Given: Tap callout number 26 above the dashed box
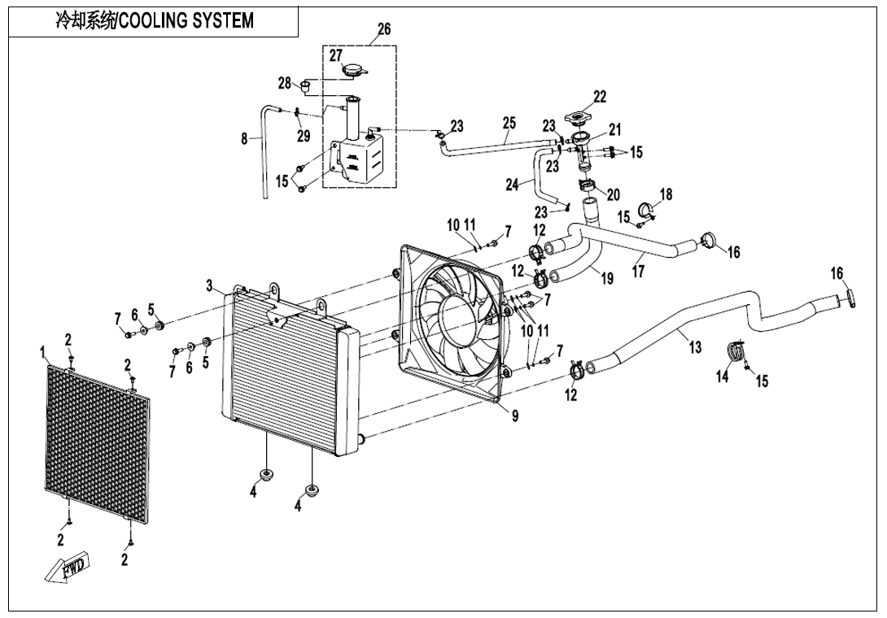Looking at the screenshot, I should click(x=383, y=29).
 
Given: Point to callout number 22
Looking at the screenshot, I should click(x=599, y=97).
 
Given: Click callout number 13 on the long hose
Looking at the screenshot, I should click(x=694, y=348).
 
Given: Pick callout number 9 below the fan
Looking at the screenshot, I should click(x=514, y=416).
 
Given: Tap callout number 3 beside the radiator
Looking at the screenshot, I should click(x=209, y=285).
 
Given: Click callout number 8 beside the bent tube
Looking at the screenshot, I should click(x=244, y=139).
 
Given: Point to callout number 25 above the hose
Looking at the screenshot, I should click(x=509, y=123).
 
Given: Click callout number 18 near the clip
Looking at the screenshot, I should click(x=666, y=194).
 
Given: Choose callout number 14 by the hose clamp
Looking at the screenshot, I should click(x=723, y=376).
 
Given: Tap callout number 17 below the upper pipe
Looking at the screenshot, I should click(x=638, y=272).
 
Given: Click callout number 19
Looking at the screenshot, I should click(x=606, y=278).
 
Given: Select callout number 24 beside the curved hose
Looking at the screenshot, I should click(x=512, y=185).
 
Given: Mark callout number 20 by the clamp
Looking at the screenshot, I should click(x=613, y=194).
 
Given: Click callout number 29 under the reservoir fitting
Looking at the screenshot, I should click(x=303, y=136).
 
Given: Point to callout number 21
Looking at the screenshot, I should click(x=614, y=129).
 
